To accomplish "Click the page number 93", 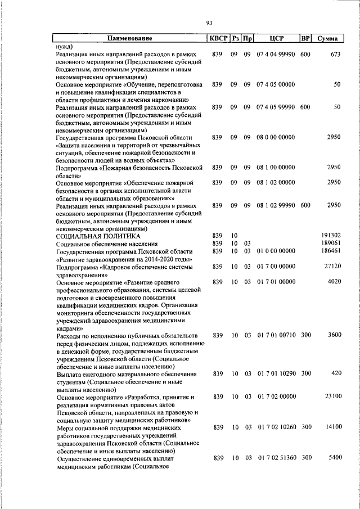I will (209, 22).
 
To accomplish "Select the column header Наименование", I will (130, 39).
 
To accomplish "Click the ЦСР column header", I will (276, 39).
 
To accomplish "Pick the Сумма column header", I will (327, 39).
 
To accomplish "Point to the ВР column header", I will (305, 39).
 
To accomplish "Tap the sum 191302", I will (331, 235).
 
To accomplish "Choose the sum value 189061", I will (331, 243).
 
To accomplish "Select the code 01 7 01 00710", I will (276, 335).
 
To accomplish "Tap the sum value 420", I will (336, 373).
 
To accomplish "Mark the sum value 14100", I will (332, 427).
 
